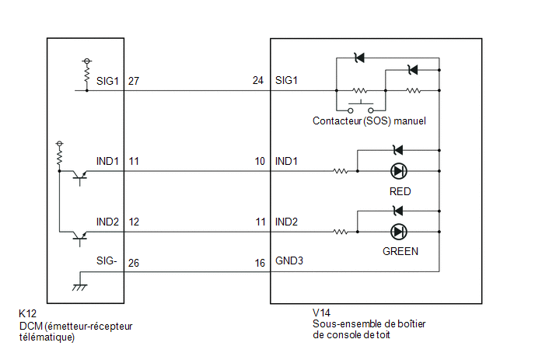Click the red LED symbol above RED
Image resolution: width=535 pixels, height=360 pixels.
(x=398, y=171)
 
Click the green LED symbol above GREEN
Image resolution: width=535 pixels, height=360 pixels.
(x=398, y=232)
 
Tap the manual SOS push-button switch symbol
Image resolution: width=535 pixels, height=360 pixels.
(x=361, y=107)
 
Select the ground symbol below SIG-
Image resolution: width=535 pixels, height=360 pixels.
(x=79, y=287)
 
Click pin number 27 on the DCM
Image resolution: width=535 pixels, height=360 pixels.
(x=134, y=81)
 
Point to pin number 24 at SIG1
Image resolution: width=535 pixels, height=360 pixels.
(x=258, y=81)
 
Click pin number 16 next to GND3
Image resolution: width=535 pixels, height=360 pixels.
(x=260, y=263)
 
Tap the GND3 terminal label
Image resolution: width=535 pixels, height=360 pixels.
(x=289, y=260)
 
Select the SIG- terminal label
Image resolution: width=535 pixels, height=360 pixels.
(x=107, y=260)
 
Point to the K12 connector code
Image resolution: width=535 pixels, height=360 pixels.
(x=28, y=313)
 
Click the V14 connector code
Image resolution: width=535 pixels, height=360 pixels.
(x=321, y=313)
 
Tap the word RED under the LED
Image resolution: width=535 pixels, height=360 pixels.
(x=400, y=191)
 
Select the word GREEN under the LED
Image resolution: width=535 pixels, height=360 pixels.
(x=400, y=251)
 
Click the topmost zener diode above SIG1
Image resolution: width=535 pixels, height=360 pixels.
(x=359, y=58)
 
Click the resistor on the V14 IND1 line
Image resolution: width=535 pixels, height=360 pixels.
(x=340, y=171)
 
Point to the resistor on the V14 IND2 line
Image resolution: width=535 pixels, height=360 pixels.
(x=340, y=232)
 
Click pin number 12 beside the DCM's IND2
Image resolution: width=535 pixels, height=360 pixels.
(x=134, y=222)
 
